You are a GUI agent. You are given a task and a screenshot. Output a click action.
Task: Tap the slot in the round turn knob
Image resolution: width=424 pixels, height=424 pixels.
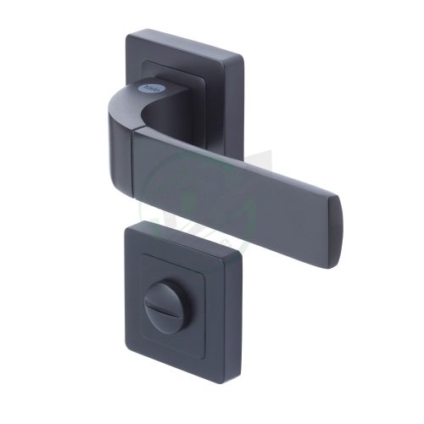[x=182, y=302]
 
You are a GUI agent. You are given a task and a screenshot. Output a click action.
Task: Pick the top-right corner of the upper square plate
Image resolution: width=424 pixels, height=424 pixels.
[x=243, y=58]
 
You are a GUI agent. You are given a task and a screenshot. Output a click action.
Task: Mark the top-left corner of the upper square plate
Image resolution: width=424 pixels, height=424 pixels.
[x=129, y=34]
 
